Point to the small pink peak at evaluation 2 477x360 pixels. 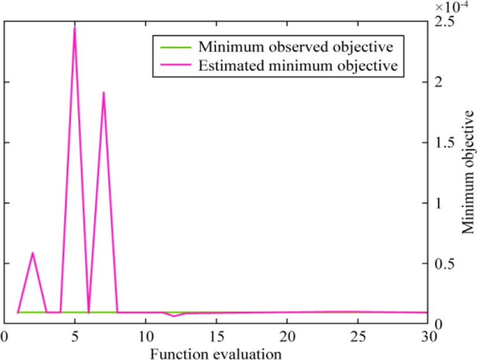pos(32,253)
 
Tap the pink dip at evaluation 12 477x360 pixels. pos(174,315)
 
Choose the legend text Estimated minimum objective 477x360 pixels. pos(298,65)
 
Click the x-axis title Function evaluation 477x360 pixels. pos(217,352)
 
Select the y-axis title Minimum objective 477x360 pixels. pos(468,174)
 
